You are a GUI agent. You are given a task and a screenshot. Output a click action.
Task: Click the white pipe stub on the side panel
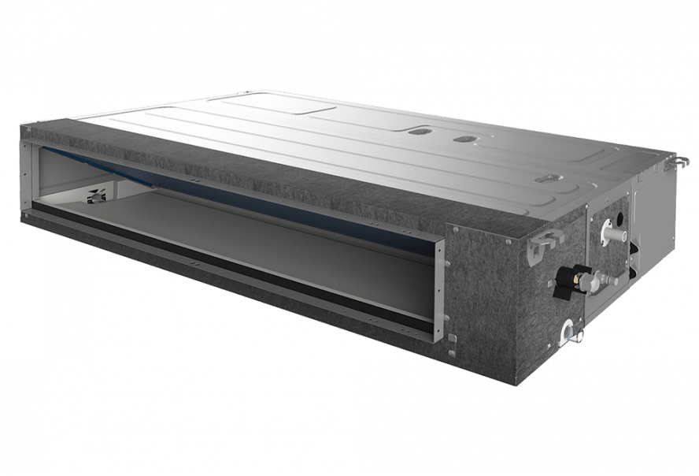click(x=612, y=230)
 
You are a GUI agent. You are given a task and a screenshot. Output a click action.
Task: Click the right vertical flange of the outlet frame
click(x=439, y=288)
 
